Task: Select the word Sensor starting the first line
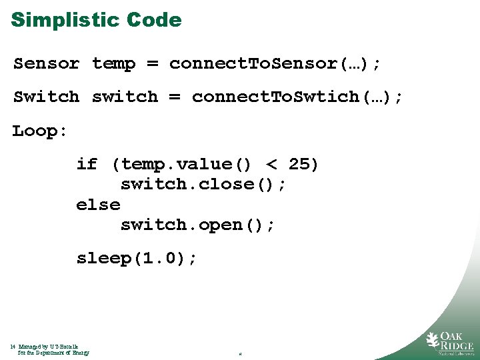tap(47, 64)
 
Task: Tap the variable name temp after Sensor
tap(114, 64)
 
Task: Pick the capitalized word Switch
tap(47, 97)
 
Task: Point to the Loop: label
tap(40, 131)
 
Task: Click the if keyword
tap(87, 164)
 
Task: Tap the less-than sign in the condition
tap(271, 164)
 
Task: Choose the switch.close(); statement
tap(203, 184)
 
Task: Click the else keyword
tap(98, 205)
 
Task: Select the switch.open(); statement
tap(197, 225)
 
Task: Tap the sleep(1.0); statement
tap(137, 259)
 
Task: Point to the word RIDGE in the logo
tap(457, 345)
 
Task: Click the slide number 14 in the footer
tap(13, 347)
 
